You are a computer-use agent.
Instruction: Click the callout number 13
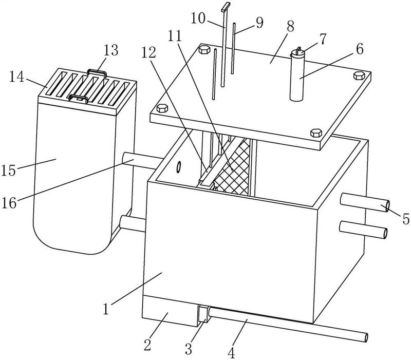point(111,50)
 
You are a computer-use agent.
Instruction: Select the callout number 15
point(9,170)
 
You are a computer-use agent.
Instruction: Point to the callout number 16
point(9,203)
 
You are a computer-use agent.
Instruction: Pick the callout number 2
point(147,345)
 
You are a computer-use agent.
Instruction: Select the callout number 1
point(106,309)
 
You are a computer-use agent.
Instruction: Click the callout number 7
point(323,39)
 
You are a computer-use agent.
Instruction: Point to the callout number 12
point(149,53)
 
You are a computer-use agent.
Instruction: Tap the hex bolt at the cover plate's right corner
point(359,75)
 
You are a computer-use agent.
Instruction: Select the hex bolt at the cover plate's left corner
point(162,108)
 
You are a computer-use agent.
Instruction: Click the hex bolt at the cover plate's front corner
point(316,132)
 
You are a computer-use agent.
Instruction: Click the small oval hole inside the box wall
point(179,167)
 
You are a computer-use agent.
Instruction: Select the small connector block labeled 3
point(203,314)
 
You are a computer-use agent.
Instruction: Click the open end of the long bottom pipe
point(366,337)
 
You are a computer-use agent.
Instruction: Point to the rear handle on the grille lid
point(97,72)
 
